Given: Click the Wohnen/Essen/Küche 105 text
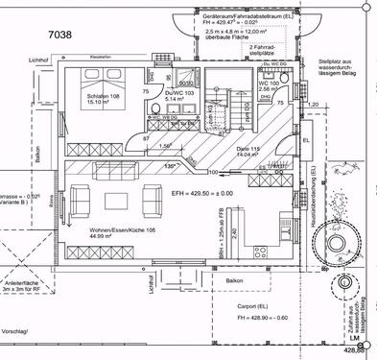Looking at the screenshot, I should pos(108,233).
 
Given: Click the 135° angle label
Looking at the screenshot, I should pos(170,165).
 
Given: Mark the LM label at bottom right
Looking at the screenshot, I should pos(353,340).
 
